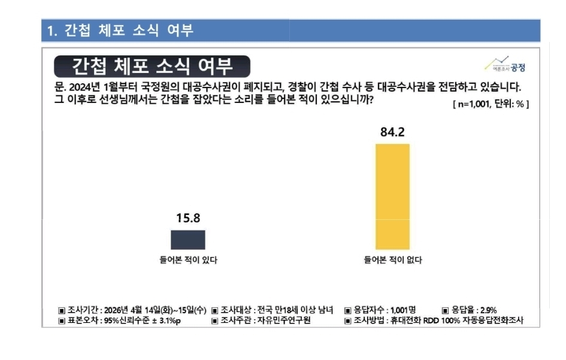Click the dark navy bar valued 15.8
(x=188, y=240)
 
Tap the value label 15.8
(x=187, y=219)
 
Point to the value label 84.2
(x=392, y=132)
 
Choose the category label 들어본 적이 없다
(x=393, y=260)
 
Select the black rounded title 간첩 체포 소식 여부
(x=152, y=65)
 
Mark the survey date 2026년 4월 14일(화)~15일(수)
(x=155, y=310)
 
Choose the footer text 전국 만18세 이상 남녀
(x=293, y=310)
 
